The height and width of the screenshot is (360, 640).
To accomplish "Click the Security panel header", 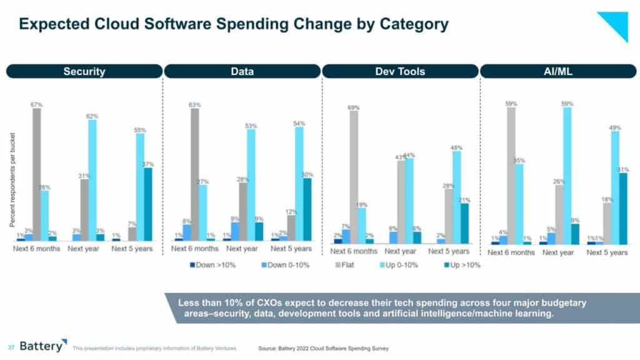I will pyautogui.click(x=84, y=71).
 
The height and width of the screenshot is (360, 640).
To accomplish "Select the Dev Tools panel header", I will pyautogui.click(x=400, y=71).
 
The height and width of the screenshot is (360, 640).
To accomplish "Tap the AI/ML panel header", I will pyautogui.click(x=558, y=71).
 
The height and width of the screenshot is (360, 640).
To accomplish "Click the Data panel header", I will pyautogui.click(x=242, y=71).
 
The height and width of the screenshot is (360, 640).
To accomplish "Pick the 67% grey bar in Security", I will pyautogui.click(x=36, y=174).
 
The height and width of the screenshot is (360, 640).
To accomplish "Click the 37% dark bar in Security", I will pyautogui.click(x=147, y=204).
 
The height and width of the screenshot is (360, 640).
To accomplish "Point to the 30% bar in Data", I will pyautogui.click(x=306, y=210).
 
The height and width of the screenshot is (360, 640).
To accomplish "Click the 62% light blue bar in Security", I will pyautogui.click(x=92, y=180).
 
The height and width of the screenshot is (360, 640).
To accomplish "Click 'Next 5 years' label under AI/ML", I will pyautogui.click(x=607, y=252).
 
